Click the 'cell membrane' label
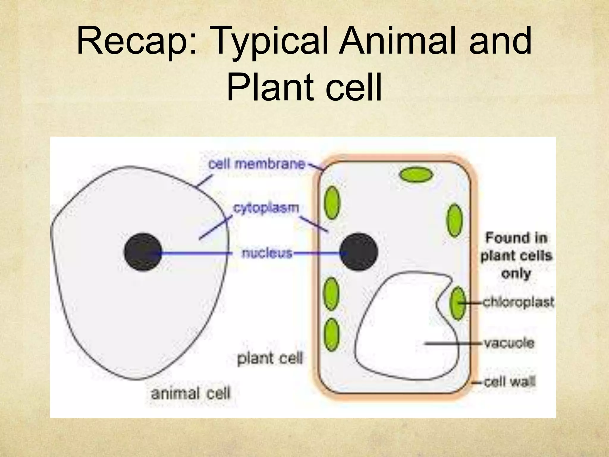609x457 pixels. pyautogui.click(x=257, y=165)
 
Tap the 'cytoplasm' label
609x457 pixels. pyautogui.click(x=266, y=208)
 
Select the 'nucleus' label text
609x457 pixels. pyautogui.click(x=267, y=253)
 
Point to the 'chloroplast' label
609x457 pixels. pyautogui.click(x=518, y=302)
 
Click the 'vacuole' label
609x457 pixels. pyautogui.click(x=509, y=343)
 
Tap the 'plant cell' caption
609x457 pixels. pyautogui.click(x=270, y=358)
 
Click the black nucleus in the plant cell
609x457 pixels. pyautogui.click(x=359, y=252)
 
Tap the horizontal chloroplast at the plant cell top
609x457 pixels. pyautogui.click(x=416, y=174)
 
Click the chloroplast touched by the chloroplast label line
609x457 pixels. pyautogui.click(x=458, y=303)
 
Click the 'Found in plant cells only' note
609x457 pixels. pyautogui.click(x=516, y=256)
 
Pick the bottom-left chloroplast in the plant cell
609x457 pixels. pyautogui.click(x=331, y=335)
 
